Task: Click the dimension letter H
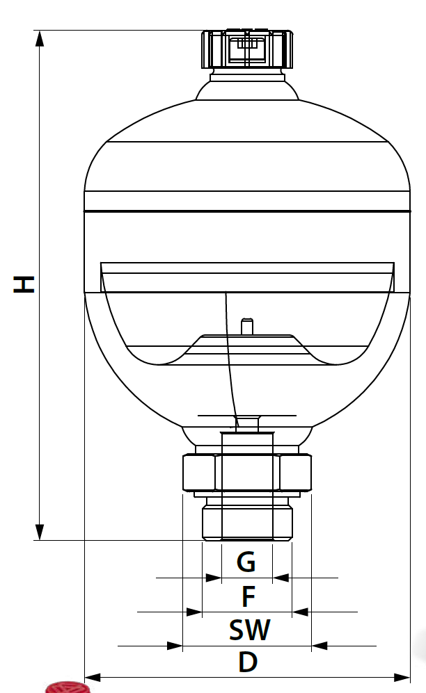point(24,284)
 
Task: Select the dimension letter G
point(246,562)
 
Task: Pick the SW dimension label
point(249,630)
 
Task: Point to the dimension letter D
point(247,662)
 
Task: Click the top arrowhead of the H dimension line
point(40,38)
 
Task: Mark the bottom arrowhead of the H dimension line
point(40,532)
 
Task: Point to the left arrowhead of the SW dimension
point(175,646)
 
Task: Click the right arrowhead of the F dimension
point(300,612)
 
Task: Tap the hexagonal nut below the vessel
point(246,473)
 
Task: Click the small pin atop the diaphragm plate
point(245,326)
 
